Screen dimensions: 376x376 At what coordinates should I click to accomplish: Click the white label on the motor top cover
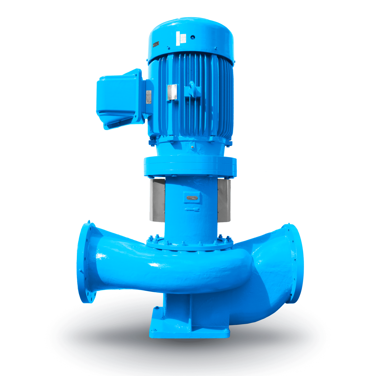(181, 39)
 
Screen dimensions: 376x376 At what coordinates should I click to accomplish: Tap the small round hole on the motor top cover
(193, 37)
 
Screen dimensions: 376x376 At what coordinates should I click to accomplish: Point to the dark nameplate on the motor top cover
(156, 44)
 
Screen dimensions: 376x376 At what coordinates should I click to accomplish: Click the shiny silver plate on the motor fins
(172, 92)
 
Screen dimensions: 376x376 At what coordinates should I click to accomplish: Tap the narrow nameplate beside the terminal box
(149, 97)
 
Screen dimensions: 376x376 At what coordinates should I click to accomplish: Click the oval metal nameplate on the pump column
(192, 198)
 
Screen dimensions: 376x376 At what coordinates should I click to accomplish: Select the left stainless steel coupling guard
(157, 200)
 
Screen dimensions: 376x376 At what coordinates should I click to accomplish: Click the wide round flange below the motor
(190, 166)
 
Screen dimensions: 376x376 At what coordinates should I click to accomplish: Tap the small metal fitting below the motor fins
(193, 147)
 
